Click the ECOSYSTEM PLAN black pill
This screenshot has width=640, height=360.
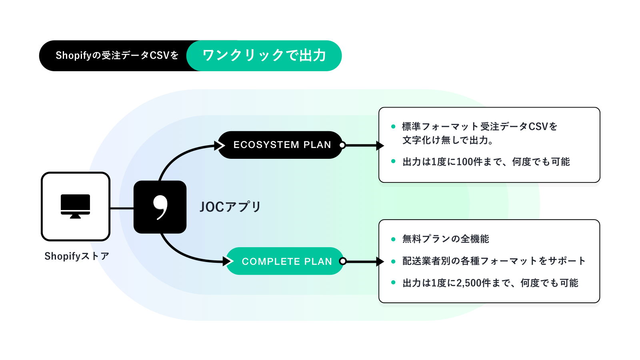tap(282, 145)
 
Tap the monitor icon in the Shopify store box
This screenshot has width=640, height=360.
tap(75, 206)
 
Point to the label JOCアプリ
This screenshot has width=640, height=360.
tap(230, 207)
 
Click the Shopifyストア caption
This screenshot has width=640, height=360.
tap(76, 256)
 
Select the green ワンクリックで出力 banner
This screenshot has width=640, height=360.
tap(264, 56)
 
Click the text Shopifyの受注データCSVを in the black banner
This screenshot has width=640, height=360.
tap(117, 56)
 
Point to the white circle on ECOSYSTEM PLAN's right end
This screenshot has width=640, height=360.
tap(342, 145)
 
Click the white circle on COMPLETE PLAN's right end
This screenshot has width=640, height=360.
tap(342, 261)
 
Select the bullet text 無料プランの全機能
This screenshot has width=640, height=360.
tap(446, 239)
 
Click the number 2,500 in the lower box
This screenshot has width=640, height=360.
tap(469, 283)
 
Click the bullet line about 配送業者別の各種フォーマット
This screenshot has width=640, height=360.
tap(494, 261)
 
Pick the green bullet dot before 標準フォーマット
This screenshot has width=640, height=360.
tap(393, 126)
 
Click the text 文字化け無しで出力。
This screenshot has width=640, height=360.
tap(448, 140)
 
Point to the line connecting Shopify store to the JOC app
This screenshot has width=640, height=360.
tap(122, 208)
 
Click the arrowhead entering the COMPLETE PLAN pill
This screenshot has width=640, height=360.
tap(228, 262)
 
